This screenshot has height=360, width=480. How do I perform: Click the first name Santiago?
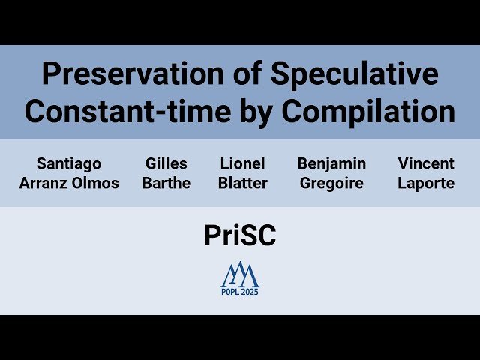(x=68, y=163)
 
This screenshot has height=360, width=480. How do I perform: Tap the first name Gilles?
(x=166, y=163)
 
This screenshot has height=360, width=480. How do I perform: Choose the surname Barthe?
(x=166, y=183)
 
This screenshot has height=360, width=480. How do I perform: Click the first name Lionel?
(x=243, y=163)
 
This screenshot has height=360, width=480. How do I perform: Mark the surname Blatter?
(x=243, y=183)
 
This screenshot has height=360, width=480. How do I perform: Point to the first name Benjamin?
(x=331, y=163)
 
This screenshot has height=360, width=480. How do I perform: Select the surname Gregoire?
(x=331, y=183)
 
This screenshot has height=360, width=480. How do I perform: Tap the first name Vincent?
(x=426, y=163)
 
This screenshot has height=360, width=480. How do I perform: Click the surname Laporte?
(x=426, y=183)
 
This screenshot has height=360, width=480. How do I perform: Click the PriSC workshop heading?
(x=240, y=235)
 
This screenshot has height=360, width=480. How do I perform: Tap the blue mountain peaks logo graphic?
(x=239, y=274)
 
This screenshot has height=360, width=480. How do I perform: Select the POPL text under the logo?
(x=230, y=292)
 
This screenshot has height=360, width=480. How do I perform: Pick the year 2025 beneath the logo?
(x=250, y=292)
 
